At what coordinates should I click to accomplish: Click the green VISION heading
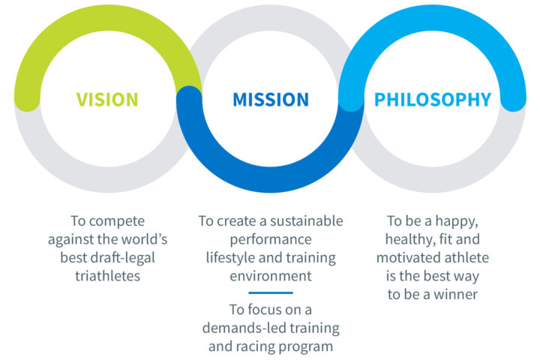107,100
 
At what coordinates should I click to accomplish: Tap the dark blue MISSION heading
271,100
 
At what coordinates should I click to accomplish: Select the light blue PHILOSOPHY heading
433,100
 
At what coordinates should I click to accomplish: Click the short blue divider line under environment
271,292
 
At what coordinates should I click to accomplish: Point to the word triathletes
108,276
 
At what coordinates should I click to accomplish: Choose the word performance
271,240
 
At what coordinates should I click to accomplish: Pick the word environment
271,276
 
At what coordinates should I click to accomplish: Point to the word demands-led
244,328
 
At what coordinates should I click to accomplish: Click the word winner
456,295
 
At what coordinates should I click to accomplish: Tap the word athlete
466,258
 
